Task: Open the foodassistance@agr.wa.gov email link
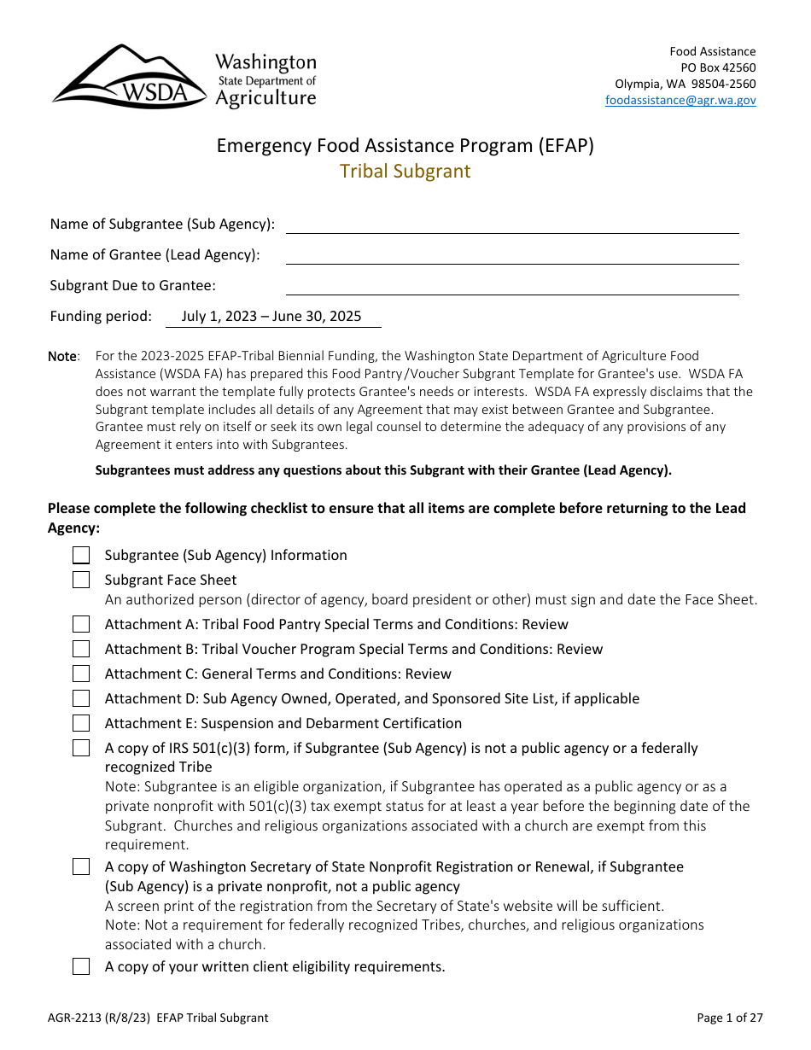[x=680, y=100]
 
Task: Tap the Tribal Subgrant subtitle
[x=405, y=171]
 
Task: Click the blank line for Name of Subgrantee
[x=512, y=225]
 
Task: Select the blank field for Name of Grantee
[x=512, y=256]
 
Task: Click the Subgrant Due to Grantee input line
[x=512, y=287]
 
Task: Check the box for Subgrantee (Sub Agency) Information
[x=81, y=556]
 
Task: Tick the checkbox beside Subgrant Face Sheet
[x=81, y=580]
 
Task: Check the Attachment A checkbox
[x=81, y=624]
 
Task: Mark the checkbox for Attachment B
[x=81, y=649]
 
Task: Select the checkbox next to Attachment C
[x=81, y=674]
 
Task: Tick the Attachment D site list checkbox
[x=81, y=698]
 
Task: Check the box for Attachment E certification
[x=81, y=723]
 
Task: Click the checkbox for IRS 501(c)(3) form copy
[x=81, y=748]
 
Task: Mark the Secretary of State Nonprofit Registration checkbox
[x=81, y=866]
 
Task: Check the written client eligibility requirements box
[x=81, y=966]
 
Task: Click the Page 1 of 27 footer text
[x=729, y=1018]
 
